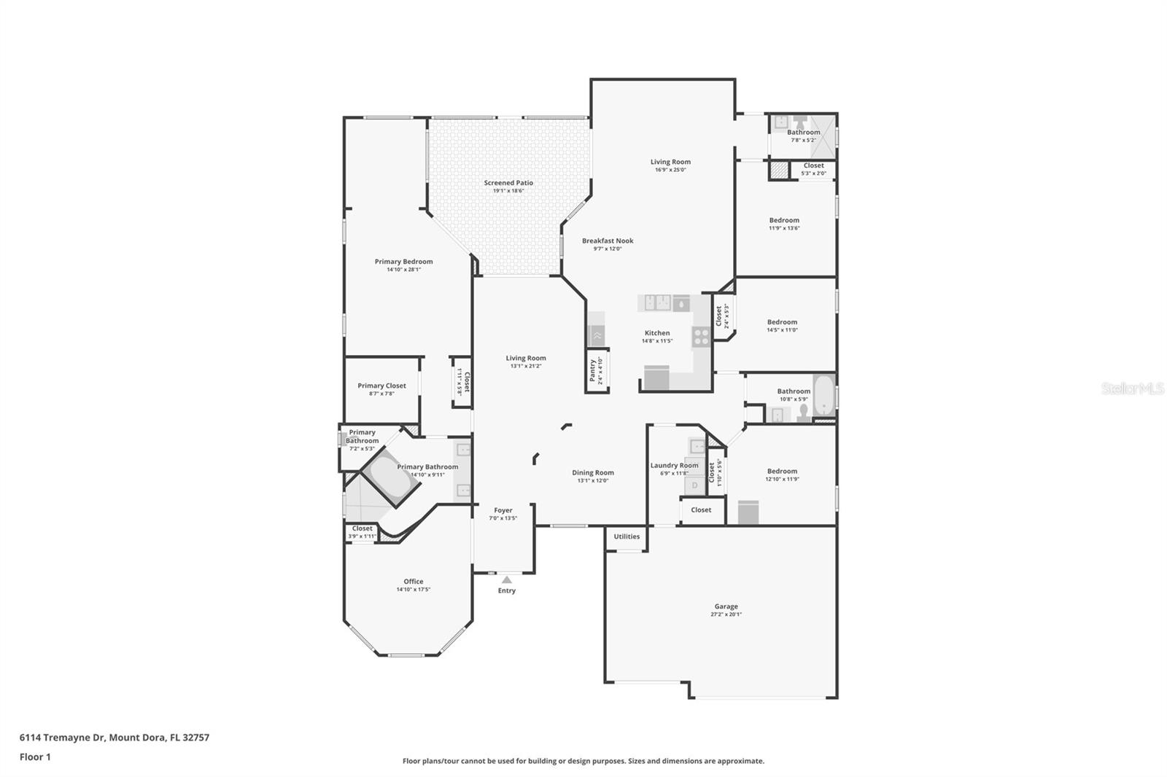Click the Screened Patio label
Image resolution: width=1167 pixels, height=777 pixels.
tap(508, 183)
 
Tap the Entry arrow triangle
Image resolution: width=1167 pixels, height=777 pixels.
tap(507, 580)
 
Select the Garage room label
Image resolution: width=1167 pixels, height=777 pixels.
tap(726, 606)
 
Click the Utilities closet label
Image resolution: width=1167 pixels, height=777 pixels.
tap(627, 536)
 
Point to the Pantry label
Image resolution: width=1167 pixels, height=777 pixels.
tap(592, 370)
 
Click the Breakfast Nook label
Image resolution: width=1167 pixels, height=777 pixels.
tap(608, 241)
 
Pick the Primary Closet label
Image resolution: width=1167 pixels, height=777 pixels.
tap(381, 386)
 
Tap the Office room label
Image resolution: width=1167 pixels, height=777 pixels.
tap(413, 582)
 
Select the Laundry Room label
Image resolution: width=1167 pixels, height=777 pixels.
tap(674, 465)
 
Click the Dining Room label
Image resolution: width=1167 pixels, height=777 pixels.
tap(592, 472)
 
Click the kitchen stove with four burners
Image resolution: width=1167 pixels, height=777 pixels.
tap(701, 336)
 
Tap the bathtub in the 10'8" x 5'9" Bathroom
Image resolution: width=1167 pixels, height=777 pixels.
tap(824, 395)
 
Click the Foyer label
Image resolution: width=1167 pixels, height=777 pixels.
tap(503, 510)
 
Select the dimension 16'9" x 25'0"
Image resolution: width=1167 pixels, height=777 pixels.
tap(670, 170)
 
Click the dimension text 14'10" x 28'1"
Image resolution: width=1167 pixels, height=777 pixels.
tap(403, 270)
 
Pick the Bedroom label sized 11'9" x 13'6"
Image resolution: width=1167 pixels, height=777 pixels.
tap(784, 220)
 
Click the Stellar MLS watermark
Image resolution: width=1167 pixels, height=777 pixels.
tap(1132, 389)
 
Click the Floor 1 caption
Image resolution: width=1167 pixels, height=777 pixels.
tap(35, 757)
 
